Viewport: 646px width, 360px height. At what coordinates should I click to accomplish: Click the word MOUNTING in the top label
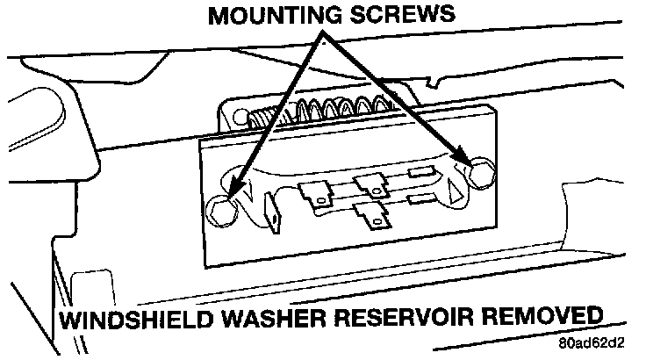pyautogui.click(x=275, y=15)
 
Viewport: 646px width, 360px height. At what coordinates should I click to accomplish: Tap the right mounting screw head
pyautogui.click(x=479, y=175)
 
